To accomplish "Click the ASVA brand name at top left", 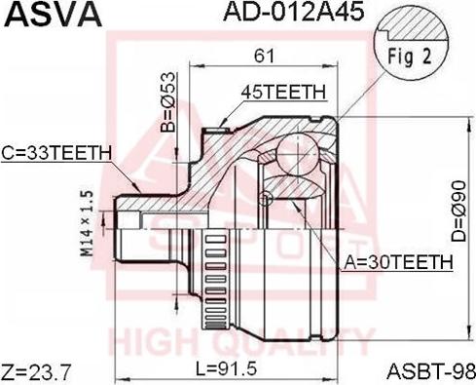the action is (x=54, y=15).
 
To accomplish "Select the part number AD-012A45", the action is (x=294, y=12).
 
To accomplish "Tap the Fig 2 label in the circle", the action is (x=410, y=57).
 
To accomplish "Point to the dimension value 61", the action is (x=265, y=56).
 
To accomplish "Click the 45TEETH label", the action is (x=283, y=92).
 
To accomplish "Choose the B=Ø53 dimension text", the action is (x=168, y=101).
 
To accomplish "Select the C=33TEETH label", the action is (x=56, y=153).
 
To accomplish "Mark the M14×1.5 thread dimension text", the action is (x=87, y=223).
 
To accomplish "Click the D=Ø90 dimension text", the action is (x=458, y=212).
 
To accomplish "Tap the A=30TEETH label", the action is (x=398, y=262).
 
